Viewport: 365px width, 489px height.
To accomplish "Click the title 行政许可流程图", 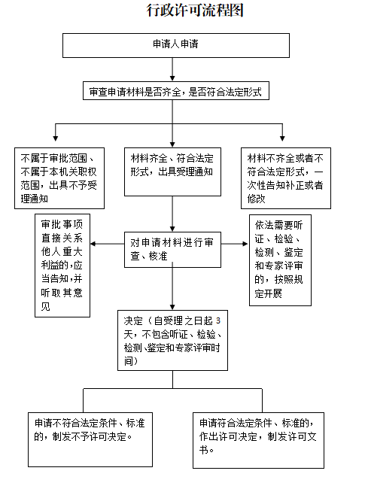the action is [195, 10].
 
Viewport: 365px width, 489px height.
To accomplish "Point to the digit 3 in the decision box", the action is [218, 320].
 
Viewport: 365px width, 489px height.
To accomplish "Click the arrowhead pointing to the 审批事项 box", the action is [93, 244].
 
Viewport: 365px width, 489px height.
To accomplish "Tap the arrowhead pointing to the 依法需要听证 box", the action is [245, 244].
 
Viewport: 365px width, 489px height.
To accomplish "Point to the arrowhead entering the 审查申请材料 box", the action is [172, 78].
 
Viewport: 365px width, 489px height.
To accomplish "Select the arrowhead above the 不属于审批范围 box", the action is [56, 138].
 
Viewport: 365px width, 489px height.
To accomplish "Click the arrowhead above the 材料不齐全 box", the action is [282, 138].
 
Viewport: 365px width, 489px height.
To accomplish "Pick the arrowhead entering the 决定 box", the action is [172, 307].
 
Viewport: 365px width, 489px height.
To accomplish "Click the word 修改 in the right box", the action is [256, 199].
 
